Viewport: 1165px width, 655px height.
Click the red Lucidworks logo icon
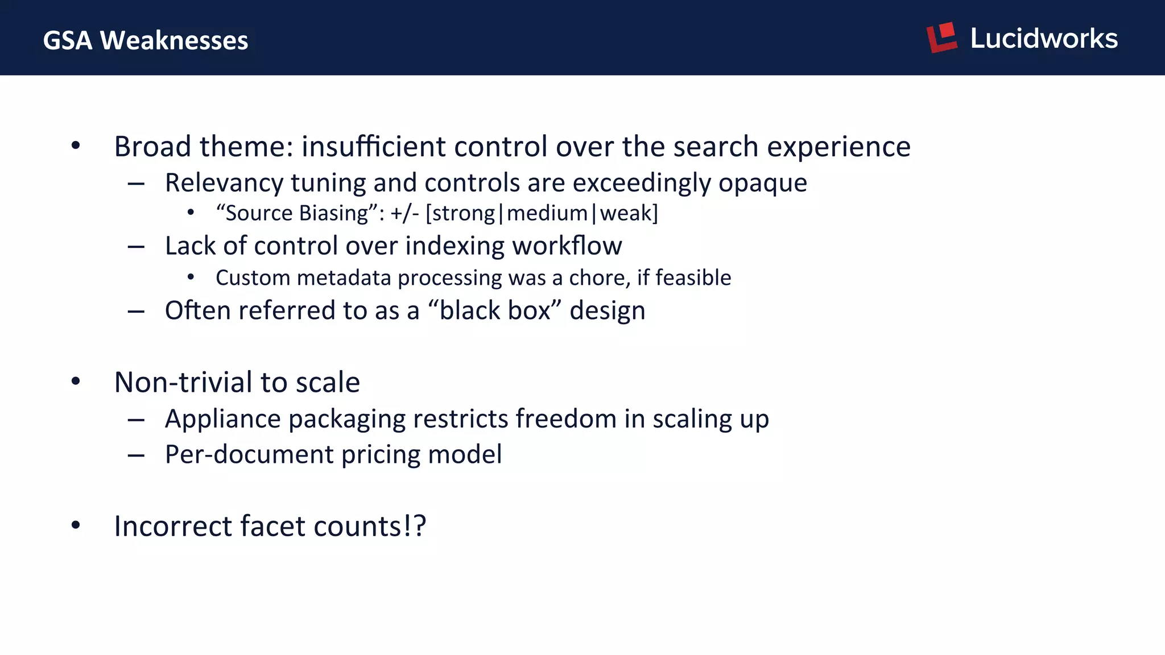(x=941, y=38)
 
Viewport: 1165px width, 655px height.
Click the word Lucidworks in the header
(x=1044, y=39)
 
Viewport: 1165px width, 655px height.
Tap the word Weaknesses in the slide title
(x=174, y=41)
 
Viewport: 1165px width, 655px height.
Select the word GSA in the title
(x=67, y=41)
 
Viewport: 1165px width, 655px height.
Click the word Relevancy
(x=224, y=183)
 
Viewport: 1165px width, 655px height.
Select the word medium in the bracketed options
(x=547, y=213)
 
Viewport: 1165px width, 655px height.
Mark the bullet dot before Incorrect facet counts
(x=76, y=525)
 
